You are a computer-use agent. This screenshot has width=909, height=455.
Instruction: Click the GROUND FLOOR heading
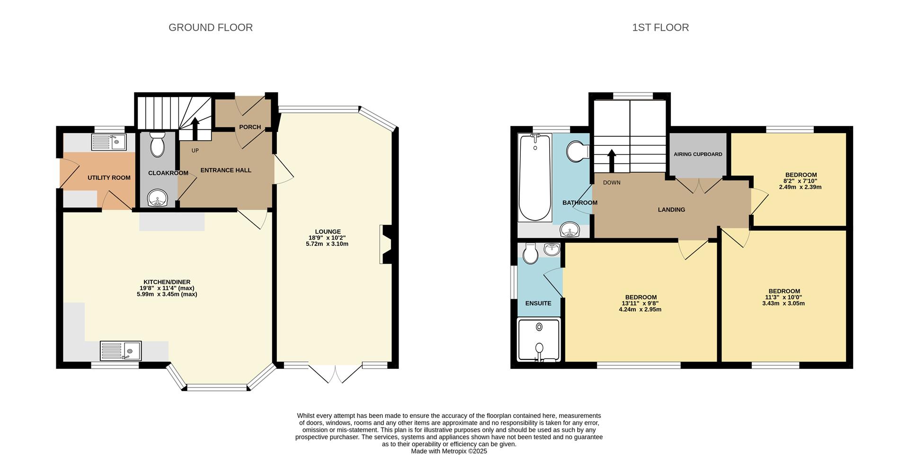click(211, 27)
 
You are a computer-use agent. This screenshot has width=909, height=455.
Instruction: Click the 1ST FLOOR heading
click(660, 27)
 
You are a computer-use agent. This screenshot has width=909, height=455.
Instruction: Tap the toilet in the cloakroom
click(157, 144)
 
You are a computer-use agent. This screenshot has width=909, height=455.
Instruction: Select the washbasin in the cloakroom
click(157, 198)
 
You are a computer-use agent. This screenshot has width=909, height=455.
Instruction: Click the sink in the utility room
click(109, 142)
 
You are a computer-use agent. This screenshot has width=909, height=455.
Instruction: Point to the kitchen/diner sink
click(121, 351)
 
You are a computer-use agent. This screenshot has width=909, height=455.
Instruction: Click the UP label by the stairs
click(195, 151)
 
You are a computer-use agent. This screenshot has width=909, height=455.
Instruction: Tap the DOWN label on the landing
click(612, 182)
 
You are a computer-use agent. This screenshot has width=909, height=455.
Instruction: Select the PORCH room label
click(250, 127)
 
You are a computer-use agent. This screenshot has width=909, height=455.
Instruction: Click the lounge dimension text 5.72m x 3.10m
click(327, 244)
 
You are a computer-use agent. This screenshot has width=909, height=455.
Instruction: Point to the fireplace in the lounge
click(385, 244)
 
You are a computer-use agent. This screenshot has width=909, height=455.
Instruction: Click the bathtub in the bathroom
click(535, 178)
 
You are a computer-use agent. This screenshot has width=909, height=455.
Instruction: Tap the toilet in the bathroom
click(578, 152)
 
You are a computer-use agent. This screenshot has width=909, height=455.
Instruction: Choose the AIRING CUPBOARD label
click(698, 154)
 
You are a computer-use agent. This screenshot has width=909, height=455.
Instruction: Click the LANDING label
click(671, 210)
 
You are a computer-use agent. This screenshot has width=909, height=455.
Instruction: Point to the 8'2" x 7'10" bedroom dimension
click(801, 181)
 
